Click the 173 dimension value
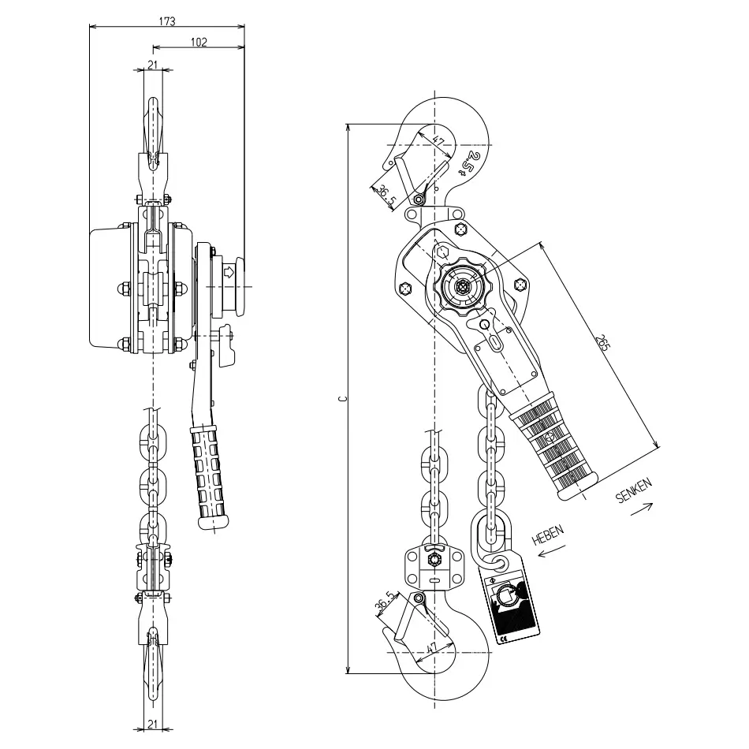(x=166, y=21)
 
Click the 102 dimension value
(x=199, y=42)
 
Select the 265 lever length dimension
(x=603, y=343)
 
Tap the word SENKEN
(x=634, y=490)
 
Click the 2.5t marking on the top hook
(x=470, y=163)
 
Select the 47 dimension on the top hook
(x=438, y=140)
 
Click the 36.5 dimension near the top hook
(x=386, y=196)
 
